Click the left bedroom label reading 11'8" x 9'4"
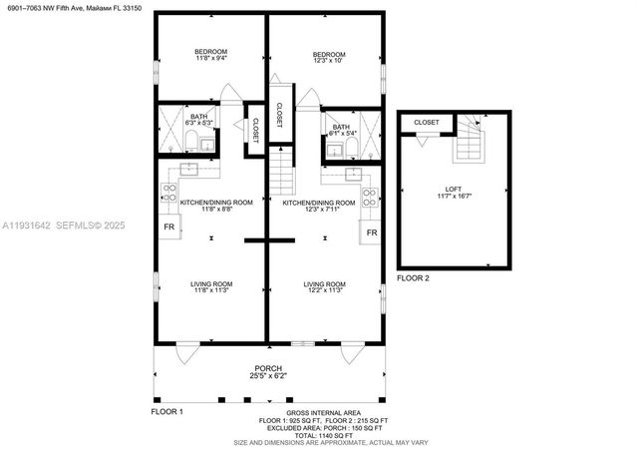tap(210, 56)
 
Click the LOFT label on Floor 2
tap(454, 192)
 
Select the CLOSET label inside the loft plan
tap(426, 122)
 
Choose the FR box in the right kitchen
tap(371, 232)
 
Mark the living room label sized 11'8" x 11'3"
tap(210, 287)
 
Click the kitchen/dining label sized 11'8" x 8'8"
tap(208, 206)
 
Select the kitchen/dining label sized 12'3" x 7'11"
tap(318, 207)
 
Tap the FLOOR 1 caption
tap(166, 411)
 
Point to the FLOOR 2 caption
tap(413, 278)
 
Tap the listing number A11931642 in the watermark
tap(28, 225)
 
